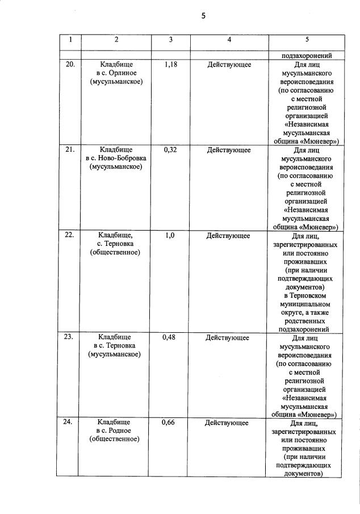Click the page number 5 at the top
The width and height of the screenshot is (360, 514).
pos(203,16)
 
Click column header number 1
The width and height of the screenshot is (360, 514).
pos(70,40)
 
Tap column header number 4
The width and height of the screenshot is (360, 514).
pos(229,40)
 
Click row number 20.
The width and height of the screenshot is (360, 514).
pos(70,65)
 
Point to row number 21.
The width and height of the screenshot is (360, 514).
pos(70,150)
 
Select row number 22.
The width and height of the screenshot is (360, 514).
pos(70,235)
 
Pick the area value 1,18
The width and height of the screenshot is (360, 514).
pos(171,65)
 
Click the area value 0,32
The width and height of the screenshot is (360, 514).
pos(170,150)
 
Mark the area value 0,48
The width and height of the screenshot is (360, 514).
pos(170,337)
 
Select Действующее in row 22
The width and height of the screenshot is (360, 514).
pos(228,235)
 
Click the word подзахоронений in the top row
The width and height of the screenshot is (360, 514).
pos(307,56)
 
